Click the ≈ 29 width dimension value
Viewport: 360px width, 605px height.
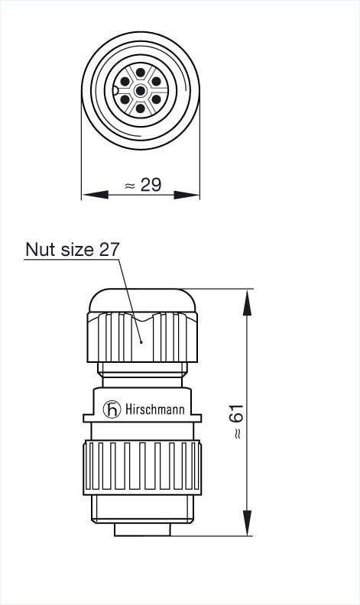pyautogui.click(x=142, y=185)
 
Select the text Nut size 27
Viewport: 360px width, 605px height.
pyautogui.click(x=73, y=250)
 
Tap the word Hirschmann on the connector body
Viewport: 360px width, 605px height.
pyautogui.click(x=154, y=410)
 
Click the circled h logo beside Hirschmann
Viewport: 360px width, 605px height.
pyautogui.click(x=112, y=410)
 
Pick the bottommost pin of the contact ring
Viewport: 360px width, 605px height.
pyautogui.click(x=141, y=108)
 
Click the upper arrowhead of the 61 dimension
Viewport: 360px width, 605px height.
pyautogui.click(x=247, y=302)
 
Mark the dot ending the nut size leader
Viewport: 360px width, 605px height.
pyautogui.click(x=141, y=343)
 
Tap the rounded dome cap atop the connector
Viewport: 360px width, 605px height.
pyautogui.click(x=143, y=299)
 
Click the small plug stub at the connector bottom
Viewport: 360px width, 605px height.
pyautogui.click(x=142, y=529)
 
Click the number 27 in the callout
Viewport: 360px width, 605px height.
pyautogui.click(x=109, y=250)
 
